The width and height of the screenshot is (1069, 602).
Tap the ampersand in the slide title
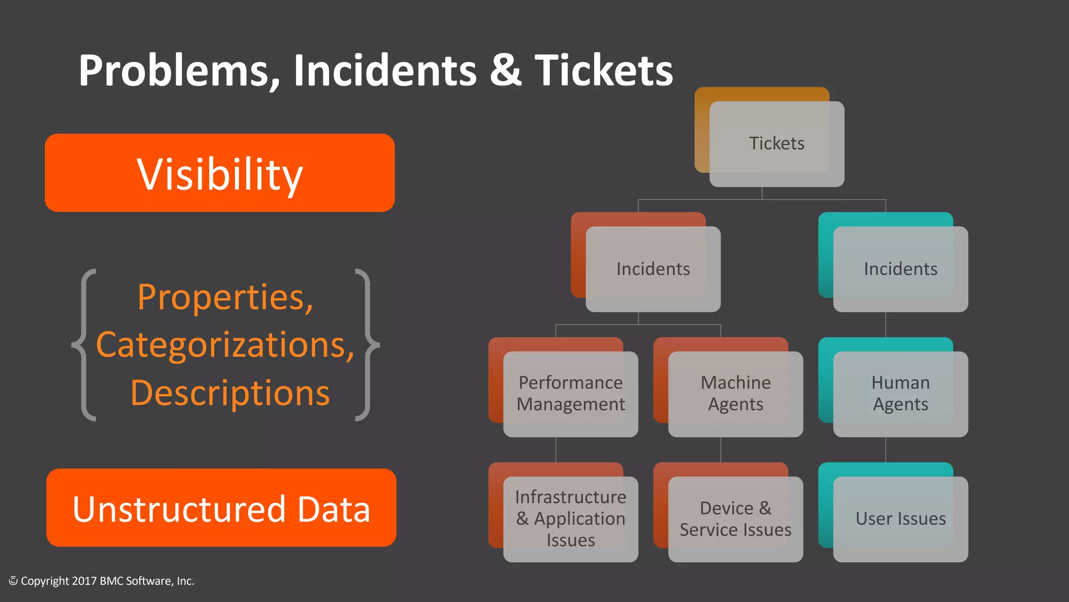point(505,71)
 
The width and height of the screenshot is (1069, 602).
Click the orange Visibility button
point(220,173)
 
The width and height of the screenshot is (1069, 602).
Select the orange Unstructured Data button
point(221,508)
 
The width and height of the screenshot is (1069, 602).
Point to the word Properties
point(225,297)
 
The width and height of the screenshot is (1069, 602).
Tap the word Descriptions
point(230,393)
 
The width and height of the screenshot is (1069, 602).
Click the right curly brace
point(367,345)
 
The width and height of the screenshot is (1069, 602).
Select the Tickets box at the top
point(777,144)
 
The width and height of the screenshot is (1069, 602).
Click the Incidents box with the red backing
point(653,269)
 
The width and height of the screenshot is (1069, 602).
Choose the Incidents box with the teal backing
point(900,269)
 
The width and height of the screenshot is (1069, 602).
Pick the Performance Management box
point(571,394)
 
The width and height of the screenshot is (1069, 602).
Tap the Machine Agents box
point(735,394)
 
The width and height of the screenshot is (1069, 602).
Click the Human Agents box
point(900,394)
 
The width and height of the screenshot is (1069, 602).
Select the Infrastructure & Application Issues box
point(571,519)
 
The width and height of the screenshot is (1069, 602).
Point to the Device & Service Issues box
point(735,519)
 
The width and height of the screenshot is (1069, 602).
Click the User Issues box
point(900,519)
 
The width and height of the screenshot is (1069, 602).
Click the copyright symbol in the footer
point(13,581)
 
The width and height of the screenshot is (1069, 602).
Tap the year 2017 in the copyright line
point(84,581)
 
